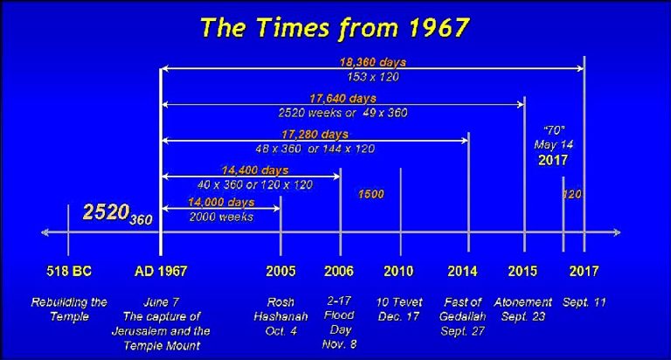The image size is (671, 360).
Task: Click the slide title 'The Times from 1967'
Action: pyautogui.click(x=335, y=28)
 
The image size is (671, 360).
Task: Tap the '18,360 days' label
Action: pyautogui.click(x=373, y=63)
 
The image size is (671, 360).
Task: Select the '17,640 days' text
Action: pyautogui.click(x=342, y=99)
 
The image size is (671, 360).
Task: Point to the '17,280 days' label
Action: pyautogui.click(x=315, y=135)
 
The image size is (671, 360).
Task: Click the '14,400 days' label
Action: pyautogui.click(x=255, y=170)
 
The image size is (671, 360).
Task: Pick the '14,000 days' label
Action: pyautogui.click(x=221, y=202)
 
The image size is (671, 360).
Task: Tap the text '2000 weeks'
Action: pyautogui.click(x=221, y=217)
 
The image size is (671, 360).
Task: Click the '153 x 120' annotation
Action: pyautogui.click(x=373, y=77)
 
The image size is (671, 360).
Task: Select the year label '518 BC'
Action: pyautogui.click(x=69, y=271)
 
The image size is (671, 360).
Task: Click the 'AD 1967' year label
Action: pyautogui.click(x=161, y=271)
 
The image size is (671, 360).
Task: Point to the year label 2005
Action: pyautogui.click(x=280, y=271)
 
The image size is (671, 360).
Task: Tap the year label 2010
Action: pyautogui.click(x=398, y=271)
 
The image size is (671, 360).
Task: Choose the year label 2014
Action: pyautogui.click(x=462, y=271)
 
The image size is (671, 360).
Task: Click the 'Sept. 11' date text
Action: pyautogui.click(x=585, y=302)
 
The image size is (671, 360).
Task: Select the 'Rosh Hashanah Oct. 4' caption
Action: pyautogui.click(x=280, y=317)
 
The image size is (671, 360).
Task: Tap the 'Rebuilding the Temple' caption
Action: pyautogui.click(x=69, y=309)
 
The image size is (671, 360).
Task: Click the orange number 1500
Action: pyautogui.click(x=371, y=194)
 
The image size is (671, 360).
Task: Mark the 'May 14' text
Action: pyautogui.click(x=553, y=145)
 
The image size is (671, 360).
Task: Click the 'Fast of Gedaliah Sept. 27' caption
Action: pyautogui.click(x=462, y=317)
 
